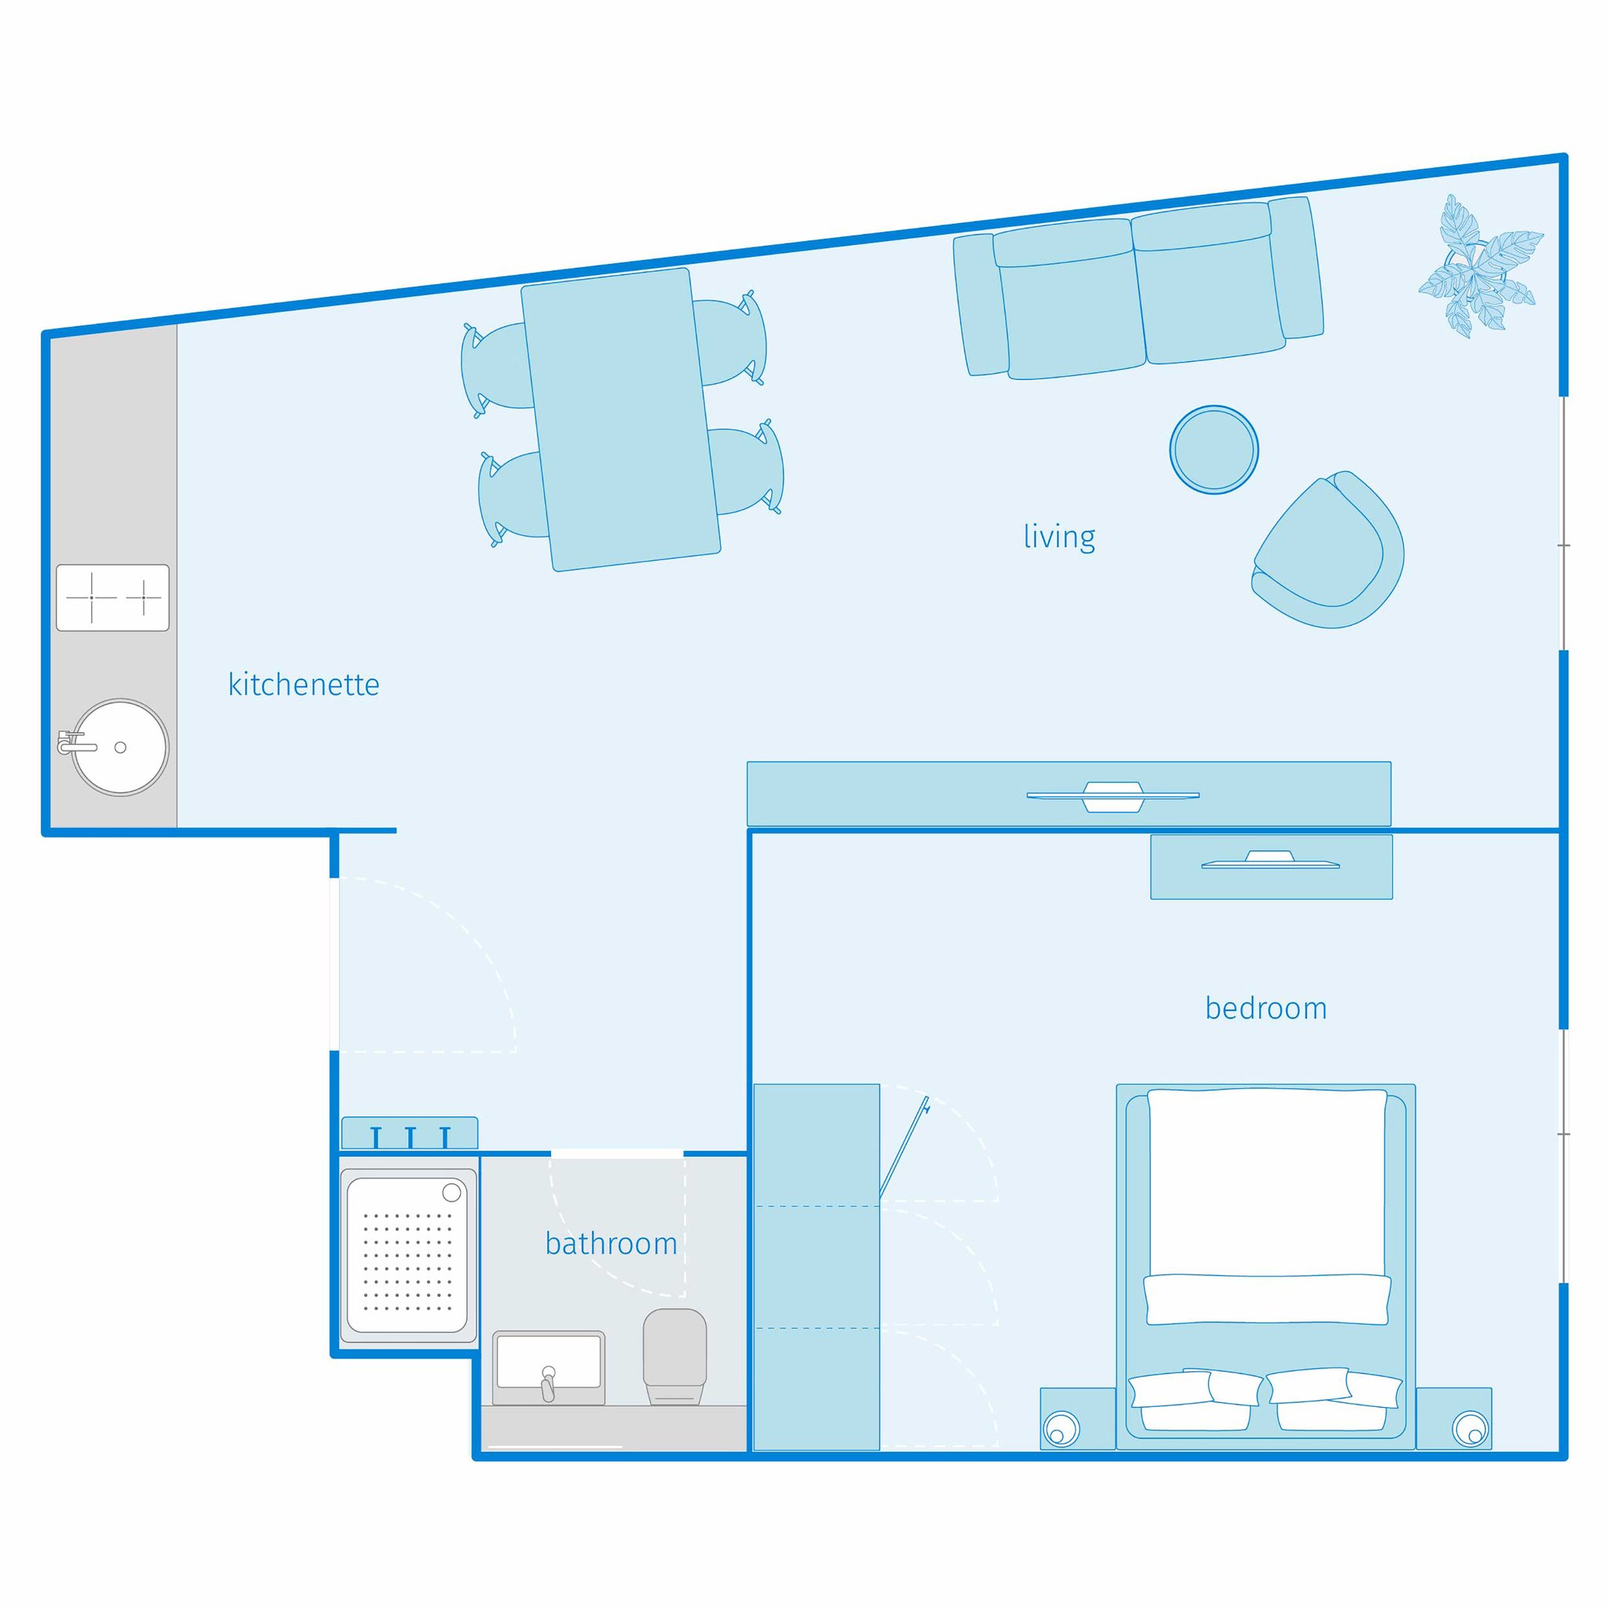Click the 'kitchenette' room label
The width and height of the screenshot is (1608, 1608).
[x=304, y=685]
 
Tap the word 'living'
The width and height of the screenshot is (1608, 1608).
[x=1058, y=537]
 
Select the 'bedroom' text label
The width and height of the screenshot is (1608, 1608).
[x=1265, y=1009]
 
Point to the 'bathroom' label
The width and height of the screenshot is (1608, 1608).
[x=611, y=1244]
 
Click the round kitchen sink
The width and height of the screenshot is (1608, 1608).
[x=121, y=747]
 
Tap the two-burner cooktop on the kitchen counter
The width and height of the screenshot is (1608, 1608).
[x=113, y=598]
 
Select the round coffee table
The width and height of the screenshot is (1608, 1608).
[x=1214, y=450]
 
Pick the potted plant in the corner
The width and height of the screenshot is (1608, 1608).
[x=1480, y=266]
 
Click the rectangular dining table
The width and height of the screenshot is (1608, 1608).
[x=620, y=419]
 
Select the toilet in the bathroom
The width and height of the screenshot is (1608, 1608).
[x=674, y=1357]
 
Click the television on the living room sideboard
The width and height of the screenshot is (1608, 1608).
[x=1112, y=795]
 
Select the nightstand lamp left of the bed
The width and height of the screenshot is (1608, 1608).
[x=1062, y=1429]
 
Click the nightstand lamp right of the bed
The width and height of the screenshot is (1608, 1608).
[x=1470, y=1429]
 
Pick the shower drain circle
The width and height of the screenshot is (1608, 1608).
[x=452, y=1193]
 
